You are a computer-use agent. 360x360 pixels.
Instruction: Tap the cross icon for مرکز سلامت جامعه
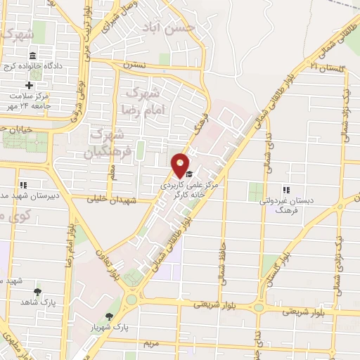click(x=29, y=86)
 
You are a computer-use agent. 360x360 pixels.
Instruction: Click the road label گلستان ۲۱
click(x=326, y=67)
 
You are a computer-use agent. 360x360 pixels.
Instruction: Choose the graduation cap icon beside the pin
click(x=191, y=171)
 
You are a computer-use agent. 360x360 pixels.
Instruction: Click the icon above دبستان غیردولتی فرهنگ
click(x=285, y=189)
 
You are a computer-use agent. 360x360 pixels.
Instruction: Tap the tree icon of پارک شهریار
click(x=108, y=318)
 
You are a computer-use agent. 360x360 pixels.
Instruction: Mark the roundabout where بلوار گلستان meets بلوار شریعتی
click(x=260, y=307)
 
